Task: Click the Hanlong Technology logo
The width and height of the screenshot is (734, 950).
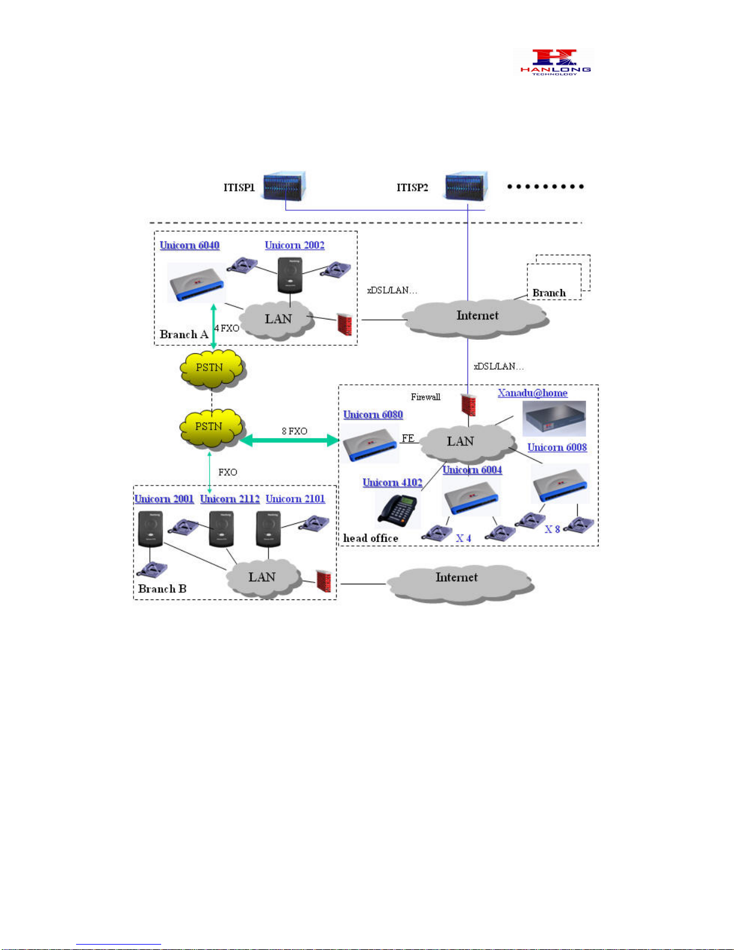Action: pyautogui.click(x=554, y=62)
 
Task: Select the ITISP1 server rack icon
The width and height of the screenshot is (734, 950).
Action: pyautogui.click(x=285, y=186)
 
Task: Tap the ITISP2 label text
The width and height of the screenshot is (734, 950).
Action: pyautogui.click(x=412, y=188)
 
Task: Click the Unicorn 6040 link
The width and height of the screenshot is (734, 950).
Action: pyautogui.click(x=189, y=245)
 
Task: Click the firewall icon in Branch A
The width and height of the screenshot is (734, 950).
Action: pyautogui.click(x=345, y=324)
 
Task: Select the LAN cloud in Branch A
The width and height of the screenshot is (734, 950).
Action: pyautogui.click(x=277, y=320)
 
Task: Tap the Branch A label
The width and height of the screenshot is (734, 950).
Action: pyautogui.click(x=184, y=334)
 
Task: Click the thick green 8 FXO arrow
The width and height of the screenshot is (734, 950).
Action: pyautogui.click(x=289, y=441)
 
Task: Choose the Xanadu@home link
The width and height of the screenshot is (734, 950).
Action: pyautogui.click(x=533, y=393)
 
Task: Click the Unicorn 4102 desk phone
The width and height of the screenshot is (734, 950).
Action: pyautogui.click(x=398, y=509)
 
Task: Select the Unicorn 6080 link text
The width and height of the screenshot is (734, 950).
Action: pyautogui.click(x=373, y=414)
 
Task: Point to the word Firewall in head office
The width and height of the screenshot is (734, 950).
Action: pyautogui.click(x=425, y=397)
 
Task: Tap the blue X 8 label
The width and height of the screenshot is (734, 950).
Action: pyautogui.click(x=552, y=529)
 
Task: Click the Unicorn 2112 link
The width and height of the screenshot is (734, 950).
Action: pyautogui.click(x=230, y=499)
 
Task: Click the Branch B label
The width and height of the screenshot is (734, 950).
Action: pyautogui.click(x=162, y=589)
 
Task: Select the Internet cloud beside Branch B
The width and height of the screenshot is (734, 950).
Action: pyautogui.click(x=460, y=584)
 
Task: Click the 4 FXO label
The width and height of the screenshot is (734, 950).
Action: pyautogui.click(x=226, y=328)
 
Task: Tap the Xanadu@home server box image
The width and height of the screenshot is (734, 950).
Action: pyautogui.click(x=554, y=419)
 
